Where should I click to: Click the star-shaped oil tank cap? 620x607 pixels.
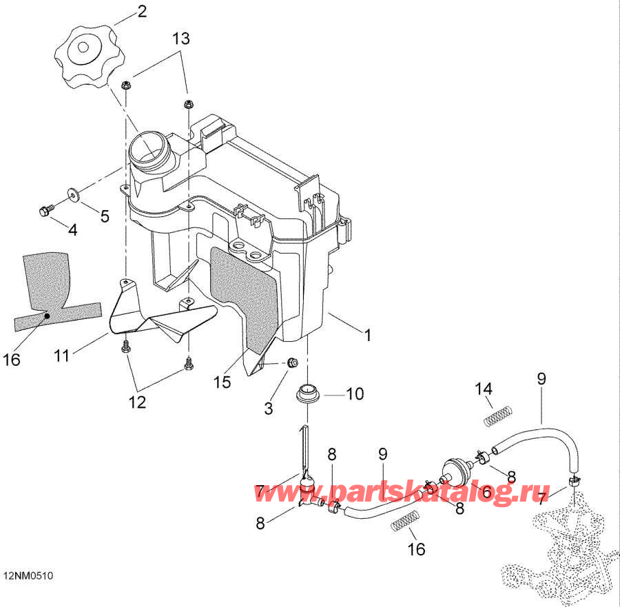[86, 56]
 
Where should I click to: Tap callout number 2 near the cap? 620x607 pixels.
[142, 11]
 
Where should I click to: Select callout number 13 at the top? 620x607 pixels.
[181, 39]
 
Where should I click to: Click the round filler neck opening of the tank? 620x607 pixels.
[147, 149]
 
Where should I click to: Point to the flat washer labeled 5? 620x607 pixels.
[73, 193]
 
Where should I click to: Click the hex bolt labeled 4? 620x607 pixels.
[45, 209]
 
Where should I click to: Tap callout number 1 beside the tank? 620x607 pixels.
[368, 336]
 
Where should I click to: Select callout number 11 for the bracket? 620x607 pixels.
[62, 356]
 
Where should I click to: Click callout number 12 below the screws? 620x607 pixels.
[137, 402]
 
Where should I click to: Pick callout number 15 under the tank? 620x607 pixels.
[223, 382]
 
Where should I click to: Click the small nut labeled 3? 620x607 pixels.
[292, 362]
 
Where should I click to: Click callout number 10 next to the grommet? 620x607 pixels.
[355, 394]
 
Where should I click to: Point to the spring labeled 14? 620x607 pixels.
[498, 416]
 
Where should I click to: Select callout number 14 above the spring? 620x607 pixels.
[484, 389]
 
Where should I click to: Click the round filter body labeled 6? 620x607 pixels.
[454, 471]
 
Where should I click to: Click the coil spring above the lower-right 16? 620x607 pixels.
[404, 521]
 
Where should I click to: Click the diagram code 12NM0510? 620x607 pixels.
[28, 575]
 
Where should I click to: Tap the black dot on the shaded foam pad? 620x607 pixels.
[47, 316]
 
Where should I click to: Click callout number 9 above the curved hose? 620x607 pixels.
[541, 379]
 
